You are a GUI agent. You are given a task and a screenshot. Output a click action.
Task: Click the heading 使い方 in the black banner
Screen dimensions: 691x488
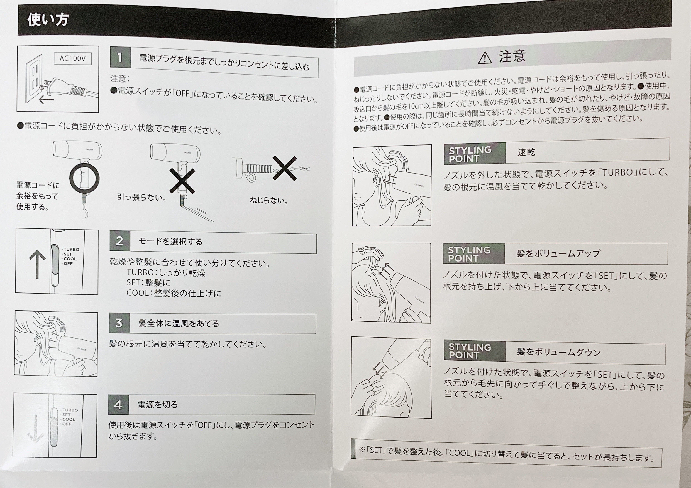click(48, 20)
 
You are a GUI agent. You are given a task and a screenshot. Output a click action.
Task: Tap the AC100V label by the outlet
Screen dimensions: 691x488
click(73, 58)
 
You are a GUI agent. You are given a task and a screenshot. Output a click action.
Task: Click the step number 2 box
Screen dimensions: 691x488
click(120, 241)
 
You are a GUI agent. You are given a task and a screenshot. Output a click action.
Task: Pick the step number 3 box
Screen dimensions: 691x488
click(119, 323)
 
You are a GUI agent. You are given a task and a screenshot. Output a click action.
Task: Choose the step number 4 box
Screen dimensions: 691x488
click(119, 405)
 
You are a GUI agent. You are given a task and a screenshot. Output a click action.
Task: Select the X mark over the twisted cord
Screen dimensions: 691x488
click(284, 168)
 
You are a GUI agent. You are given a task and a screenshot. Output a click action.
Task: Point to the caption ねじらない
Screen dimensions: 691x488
click(269, 200)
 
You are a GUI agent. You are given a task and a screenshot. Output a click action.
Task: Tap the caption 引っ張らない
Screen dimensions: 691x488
click(141, 197)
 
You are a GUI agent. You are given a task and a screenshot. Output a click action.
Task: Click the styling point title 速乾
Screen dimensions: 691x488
click(526, 152)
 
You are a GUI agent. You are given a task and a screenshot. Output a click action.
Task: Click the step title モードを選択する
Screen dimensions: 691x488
click(170, 241)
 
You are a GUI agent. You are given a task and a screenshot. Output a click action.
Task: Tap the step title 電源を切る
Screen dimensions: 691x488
click(158, 405)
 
